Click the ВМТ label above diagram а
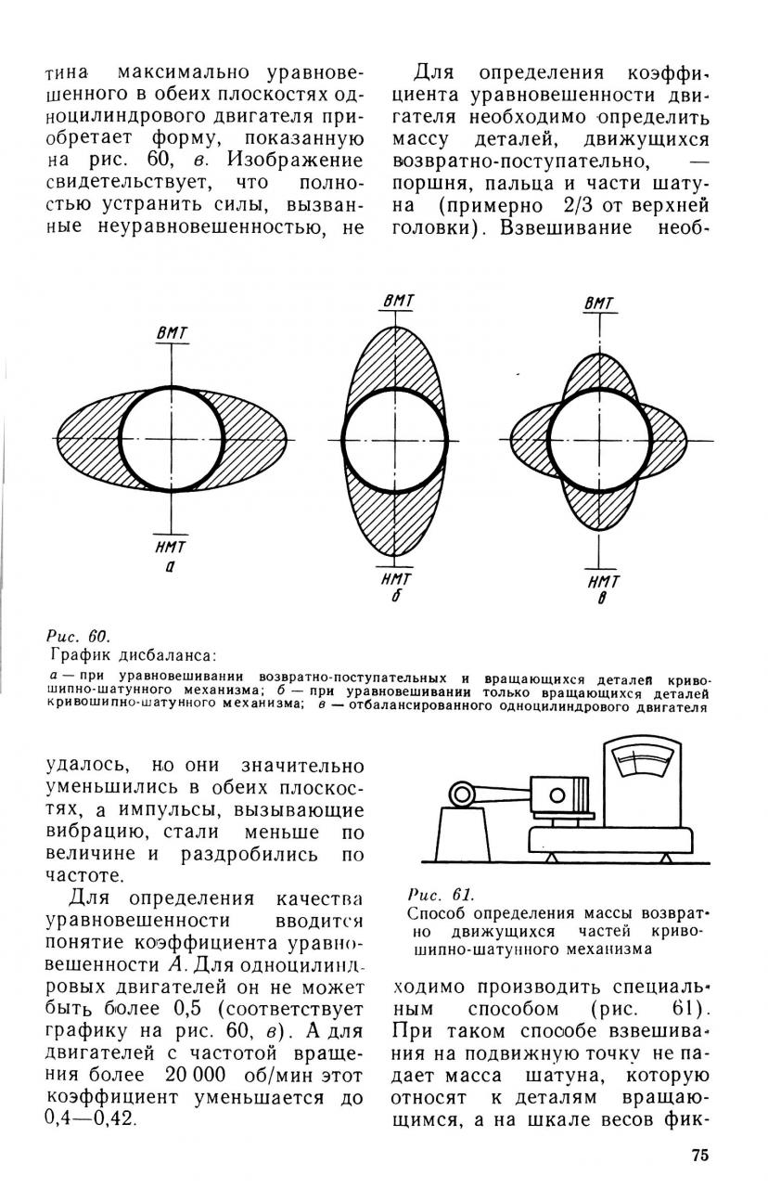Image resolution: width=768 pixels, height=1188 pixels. coord(173,335)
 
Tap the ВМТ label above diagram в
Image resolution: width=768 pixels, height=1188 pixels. coord(599,305)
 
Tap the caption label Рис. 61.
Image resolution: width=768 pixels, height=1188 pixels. coord(440,896)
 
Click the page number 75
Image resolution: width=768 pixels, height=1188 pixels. coord(699,1155)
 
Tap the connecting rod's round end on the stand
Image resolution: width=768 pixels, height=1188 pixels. coord(461,794)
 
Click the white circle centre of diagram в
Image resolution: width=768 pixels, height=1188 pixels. coord(598,438)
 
